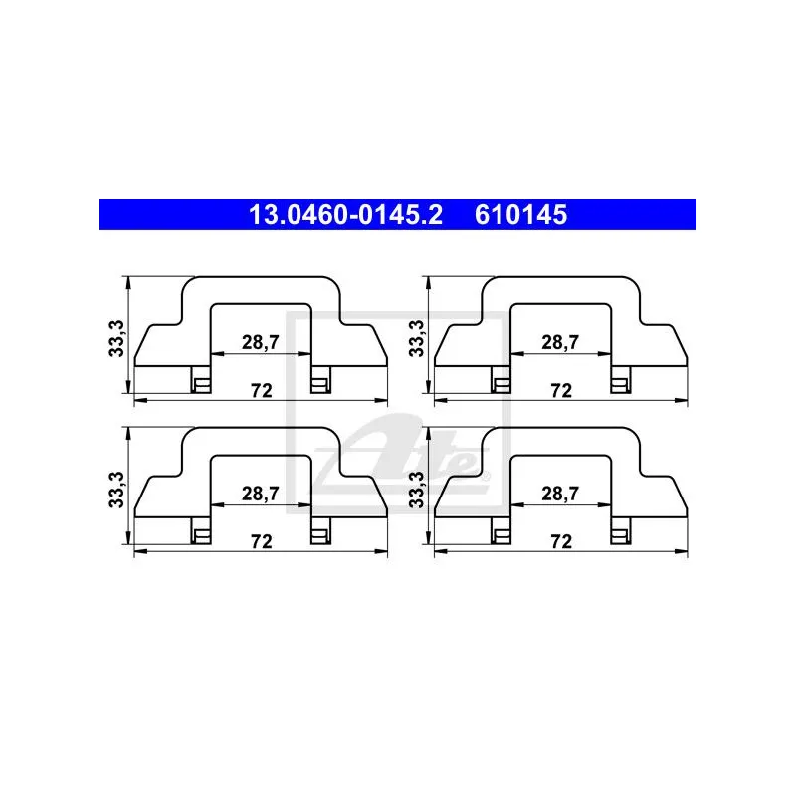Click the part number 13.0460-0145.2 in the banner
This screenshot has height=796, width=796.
pos(345,215)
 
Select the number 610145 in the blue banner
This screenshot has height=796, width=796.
pos(520,215)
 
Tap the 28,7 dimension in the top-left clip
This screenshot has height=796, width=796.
pos(261,342)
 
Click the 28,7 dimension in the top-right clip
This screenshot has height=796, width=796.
pos(560,342)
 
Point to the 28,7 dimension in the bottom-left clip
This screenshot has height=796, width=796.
pos(261,494)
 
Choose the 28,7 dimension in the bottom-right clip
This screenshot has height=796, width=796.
pos(560,494)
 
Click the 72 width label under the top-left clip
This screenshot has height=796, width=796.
pos(262,390)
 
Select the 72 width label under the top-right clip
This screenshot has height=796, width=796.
pos(561,390)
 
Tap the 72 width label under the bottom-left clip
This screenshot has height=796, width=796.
pos(262,541)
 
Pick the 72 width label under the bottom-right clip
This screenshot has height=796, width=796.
pos(561,541)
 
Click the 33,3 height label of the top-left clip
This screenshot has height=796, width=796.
pos(116,338)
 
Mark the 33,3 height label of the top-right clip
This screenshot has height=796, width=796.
pos(416,338)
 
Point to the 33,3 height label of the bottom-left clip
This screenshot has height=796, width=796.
pos(116,490)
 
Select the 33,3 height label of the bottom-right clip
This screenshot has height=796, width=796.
pos(416,490)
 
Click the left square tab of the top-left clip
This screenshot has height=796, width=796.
pos(202,385)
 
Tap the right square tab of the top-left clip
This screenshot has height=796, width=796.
pos(320,385)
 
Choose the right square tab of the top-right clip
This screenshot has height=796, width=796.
pos(620,385)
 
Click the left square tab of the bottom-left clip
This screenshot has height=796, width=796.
pos(202,536)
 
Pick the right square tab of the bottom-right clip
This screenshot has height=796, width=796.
pos(620,536)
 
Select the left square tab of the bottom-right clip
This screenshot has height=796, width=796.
pos(501,536)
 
